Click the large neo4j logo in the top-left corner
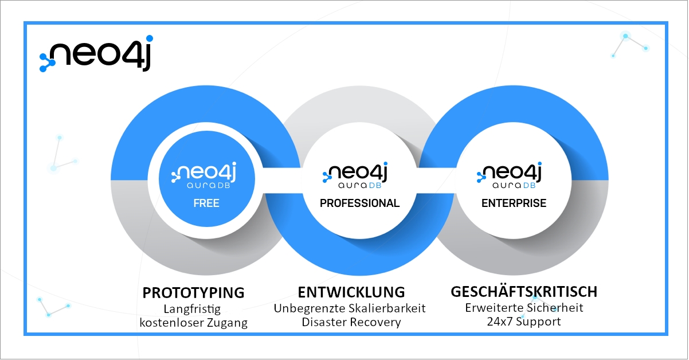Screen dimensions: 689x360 click(x=96, y=53)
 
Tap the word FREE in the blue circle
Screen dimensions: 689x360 click(x=206, y=203)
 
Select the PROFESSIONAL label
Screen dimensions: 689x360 click(x=359, y=203)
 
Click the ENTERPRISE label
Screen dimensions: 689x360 click(x=514, y=203)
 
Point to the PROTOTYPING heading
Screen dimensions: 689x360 click(x=194, y=292)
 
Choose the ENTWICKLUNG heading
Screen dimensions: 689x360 click(x=351, y=292)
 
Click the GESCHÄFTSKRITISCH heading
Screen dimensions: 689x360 click(x=524, y=291)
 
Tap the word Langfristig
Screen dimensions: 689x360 click(x=192, y=309)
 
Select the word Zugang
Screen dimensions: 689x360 click(x=227, y=323)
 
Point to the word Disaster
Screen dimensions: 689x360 click(x=324, y=322)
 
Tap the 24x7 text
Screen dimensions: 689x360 click(x=499, y=322)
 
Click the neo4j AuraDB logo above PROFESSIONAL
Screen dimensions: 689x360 click(x=355, y=175)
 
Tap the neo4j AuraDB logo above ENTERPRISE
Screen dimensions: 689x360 click(x=509, y=175)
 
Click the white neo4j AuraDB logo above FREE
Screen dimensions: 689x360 click(x=203, y=175)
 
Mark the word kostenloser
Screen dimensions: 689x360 click(x=171, y=323)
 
